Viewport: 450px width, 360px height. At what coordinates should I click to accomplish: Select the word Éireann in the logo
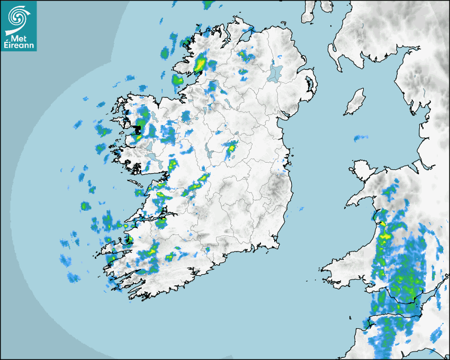[x=20, y=46]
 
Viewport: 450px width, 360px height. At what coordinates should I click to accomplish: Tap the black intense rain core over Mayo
[x=140, y=128]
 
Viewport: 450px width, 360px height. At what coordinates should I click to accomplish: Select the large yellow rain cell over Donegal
[x=200, y=65]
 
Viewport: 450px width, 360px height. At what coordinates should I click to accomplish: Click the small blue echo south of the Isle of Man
[x=361, y=138]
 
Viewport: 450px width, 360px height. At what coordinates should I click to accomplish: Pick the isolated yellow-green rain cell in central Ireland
[x=231, y=149]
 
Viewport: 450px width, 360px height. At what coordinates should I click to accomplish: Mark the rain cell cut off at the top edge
[x=209, y=4]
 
